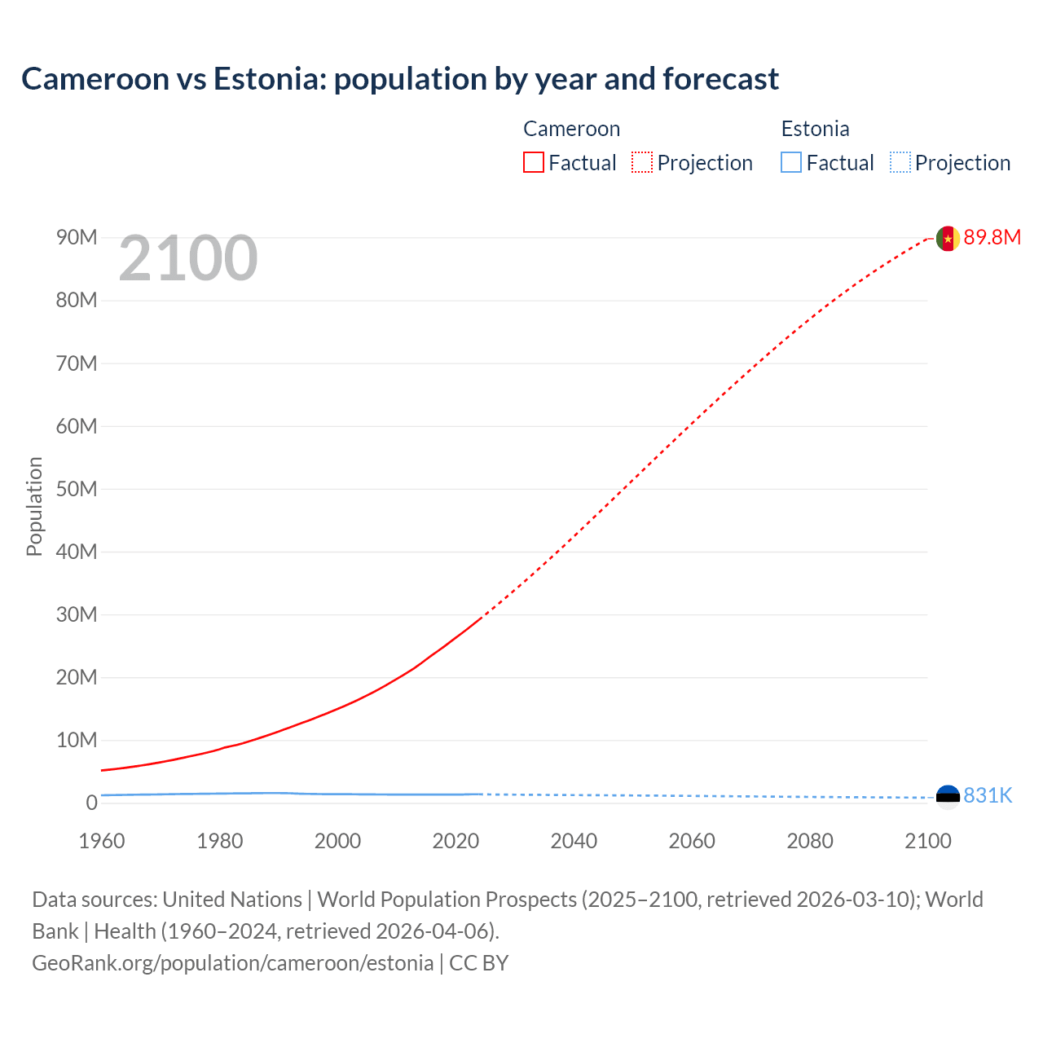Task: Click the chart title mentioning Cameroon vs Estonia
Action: [400, 79]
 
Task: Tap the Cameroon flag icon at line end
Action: [947, 238]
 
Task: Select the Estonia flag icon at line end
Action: [948, 795]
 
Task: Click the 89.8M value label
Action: [992, 238]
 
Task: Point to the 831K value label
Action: [988, 796]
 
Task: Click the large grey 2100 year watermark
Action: [188, 259]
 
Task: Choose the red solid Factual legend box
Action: [534, 163]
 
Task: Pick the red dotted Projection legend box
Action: [642, 163]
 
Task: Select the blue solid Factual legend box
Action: [791, 163]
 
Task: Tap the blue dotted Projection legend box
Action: [900, 163]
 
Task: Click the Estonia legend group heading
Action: [815, 129]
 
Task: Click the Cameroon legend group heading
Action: [571, 129]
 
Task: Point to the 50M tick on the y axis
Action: [77, 489]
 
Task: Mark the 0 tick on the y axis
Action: [91, 803]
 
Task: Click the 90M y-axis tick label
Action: [77, 237]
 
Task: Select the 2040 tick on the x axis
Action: [574, 841]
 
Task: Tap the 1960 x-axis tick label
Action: [102, 841]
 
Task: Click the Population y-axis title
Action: [34, 506]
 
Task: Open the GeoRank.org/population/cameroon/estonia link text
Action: [233, 963]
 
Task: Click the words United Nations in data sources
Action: [232, 900]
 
